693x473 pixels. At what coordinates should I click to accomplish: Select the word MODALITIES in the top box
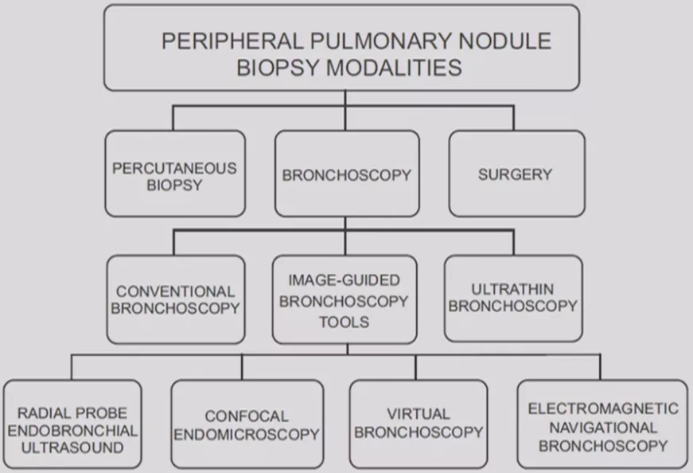pyautogui.click(x=395, y=68)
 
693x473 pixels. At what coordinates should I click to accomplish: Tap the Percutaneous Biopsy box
pyautogui.click(x=175, y=174)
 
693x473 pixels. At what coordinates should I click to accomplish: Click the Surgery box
pyautogui.click(x=516, y=174)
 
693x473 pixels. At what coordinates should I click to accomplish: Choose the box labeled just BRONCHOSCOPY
pyautogui.click(x=346, y=174)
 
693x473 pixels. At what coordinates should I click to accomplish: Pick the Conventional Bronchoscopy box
pyautogui.click(x=175, y=299)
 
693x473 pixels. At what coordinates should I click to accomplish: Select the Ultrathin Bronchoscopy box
pyautogui.click(x=512, y=298)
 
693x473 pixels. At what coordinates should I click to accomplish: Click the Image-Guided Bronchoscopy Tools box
pyautogui.click(x=344, y=301)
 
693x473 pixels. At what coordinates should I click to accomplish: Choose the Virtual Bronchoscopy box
pyautogui.click(x=419, y=423)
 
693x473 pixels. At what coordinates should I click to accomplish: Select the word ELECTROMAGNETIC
pyautogui.click(x=603, y=408)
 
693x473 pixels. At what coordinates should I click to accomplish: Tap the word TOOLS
pyautogui.click(x=344, y=322)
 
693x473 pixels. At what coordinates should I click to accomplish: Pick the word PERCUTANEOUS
pyautogui.click(x=175, y=168)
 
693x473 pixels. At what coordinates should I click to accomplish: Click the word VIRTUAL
pyautogui.click(x=419, y=414)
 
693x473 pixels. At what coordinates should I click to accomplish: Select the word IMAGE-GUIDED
pyautogui.click(x=344, y=281)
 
